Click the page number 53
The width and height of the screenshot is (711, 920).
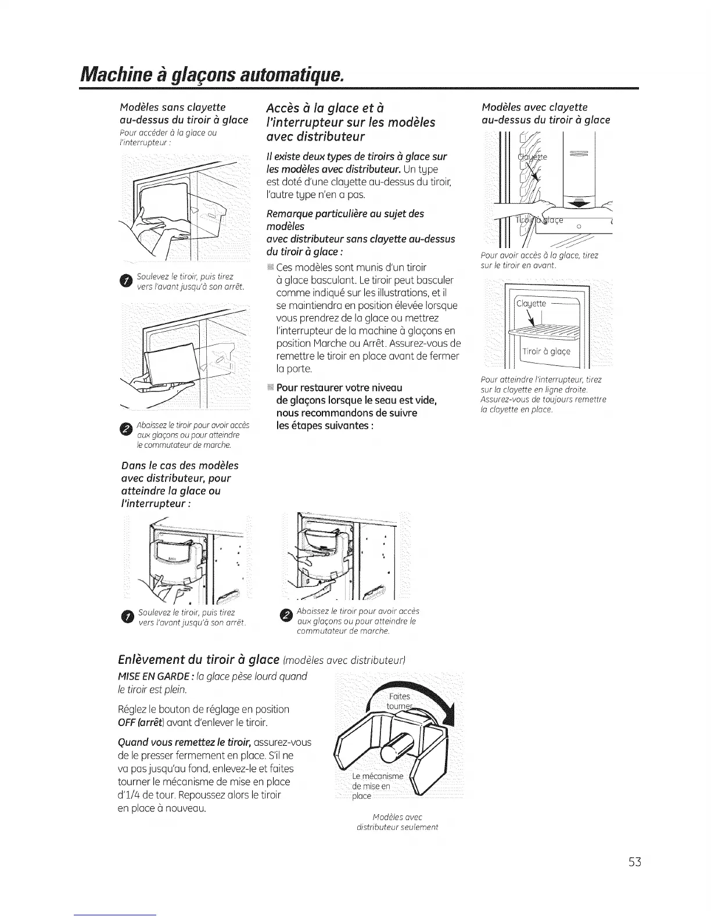tap(634, 861)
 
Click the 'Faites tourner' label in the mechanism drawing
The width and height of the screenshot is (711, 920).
tap(400, 701)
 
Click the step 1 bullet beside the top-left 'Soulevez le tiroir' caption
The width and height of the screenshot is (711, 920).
tap(125, 282)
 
